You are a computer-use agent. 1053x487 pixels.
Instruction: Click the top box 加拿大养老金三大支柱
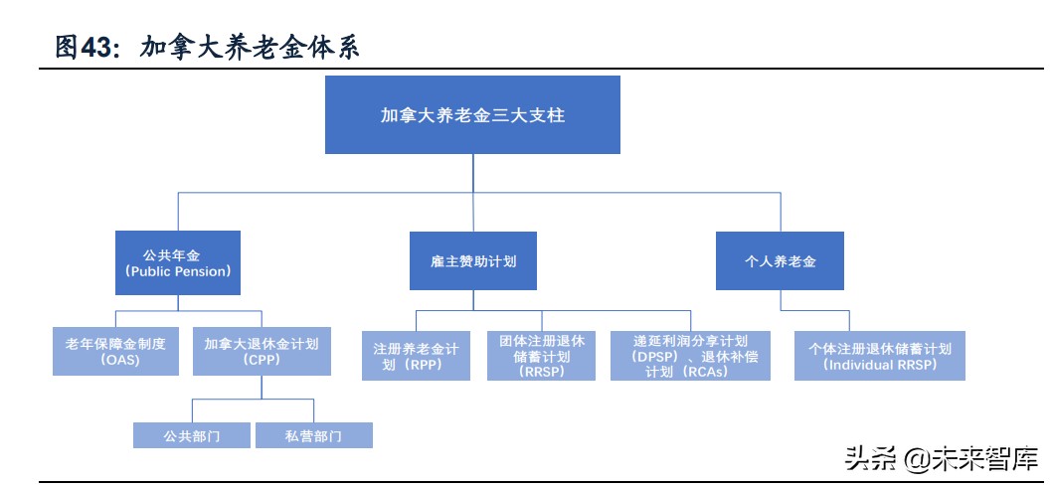coord(472,115)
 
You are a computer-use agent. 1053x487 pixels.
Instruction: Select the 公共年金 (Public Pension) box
coord(178,262)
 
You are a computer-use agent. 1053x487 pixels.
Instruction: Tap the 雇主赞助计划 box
coord(472,262)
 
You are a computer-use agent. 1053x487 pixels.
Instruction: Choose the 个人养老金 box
coord(780,262)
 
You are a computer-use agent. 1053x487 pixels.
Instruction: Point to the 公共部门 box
coord(191,435)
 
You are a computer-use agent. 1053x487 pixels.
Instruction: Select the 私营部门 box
coord(313,435)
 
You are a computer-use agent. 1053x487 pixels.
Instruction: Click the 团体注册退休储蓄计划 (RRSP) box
coord(542,356)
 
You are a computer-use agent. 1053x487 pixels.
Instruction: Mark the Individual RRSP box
coord(880,356)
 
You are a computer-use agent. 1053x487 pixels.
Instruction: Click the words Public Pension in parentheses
coord(178,270)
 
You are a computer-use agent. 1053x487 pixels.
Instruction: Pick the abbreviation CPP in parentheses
coord(262,361)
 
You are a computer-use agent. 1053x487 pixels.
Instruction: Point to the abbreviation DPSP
coord(654,356)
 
